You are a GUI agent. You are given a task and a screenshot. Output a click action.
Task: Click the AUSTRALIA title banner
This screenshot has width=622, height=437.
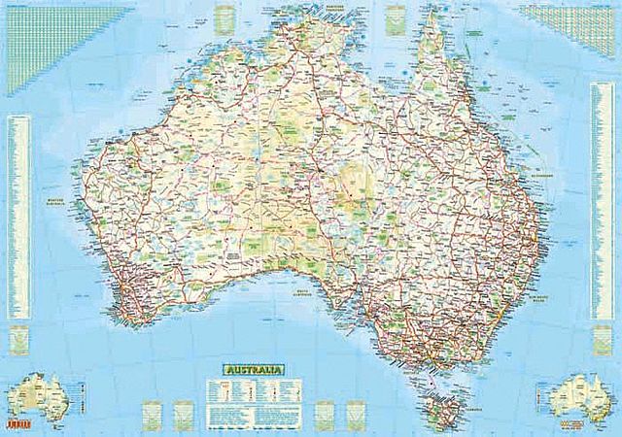(252, 370)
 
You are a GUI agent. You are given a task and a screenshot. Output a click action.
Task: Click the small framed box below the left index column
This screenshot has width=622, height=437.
(17, 338)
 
